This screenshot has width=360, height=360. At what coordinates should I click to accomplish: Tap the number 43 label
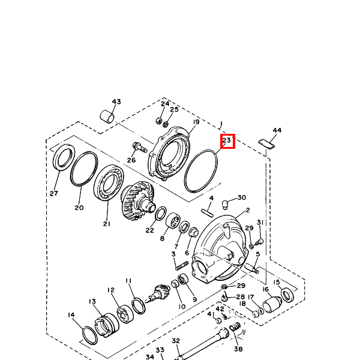(116, 101)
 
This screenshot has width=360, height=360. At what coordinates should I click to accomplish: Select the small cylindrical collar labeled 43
(107, 116)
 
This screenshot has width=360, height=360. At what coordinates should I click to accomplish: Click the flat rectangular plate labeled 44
(266, 144)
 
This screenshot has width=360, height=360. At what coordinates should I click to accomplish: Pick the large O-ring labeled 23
(200, 171)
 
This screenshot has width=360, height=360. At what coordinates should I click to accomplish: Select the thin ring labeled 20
(84, 169)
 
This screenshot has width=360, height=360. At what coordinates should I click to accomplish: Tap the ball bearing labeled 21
(109, 182)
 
